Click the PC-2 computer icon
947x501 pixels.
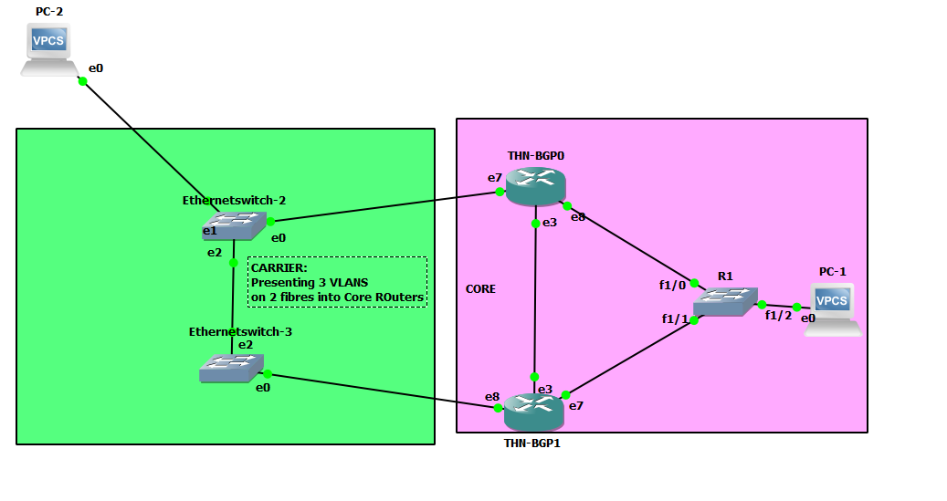point(48,49)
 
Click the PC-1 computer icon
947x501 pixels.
point(832,308)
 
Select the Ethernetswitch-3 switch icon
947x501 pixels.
point(232,368)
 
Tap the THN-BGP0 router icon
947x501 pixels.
point(535,188)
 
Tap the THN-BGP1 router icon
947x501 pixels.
point(534,413)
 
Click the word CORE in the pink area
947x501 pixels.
point(480,289)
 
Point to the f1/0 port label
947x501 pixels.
point(672,285)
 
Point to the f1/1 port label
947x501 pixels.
point(675,318)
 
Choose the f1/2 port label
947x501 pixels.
point(778,316)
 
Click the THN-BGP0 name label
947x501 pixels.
point(535,156)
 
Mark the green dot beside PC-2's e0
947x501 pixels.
point(82,81)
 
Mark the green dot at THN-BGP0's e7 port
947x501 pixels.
point(500,193)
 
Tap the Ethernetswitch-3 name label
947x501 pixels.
point(240,331)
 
